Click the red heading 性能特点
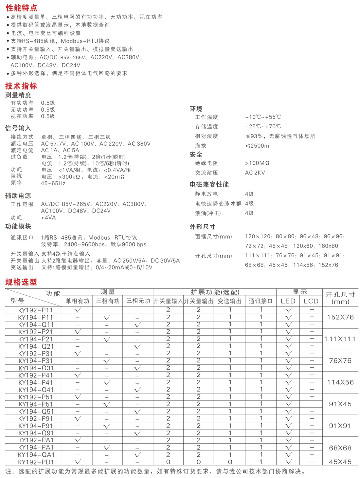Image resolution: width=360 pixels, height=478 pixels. pyautogui.click(x=22, y=8)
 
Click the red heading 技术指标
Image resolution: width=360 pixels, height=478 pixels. pyautogui.click(x=21, y=86)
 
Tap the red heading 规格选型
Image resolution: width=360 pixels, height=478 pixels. pyautogui.click(x=21, y=282)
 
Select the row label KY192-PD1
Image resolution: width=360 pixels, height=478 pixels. pyautogui.click(x=36, y=462)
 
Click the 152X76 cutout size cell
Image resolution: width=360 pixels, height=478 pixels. pyautogui.click(x=340, y=317)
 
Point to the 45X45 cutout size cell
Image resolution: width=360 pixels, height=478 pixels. pyautogui.click(x=340, y=462)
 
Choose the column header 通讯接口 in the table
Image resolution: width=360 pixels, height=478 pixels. pyautogui.click(x=261, y=301)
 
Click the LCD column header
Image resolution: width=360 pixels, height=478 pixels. pyautogui.click(x=311, y=301)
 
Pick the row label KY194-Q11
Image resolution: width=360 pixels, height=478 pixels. pyautogui.click(x=36, y=325)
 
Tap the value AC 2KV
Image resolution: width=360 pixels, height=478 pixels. pyautogui.click(x=255, y=173)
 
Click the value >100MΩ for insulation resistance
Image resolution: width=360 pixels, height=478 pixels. pyautogui.click(x=257, y=163)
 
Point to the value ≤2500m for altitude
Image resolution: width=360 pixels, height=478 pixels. pyautogui.click(x=257, y=146)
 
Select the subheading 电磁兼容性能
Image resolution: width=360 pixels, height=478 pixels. pyautogui.click(x=209, y=184)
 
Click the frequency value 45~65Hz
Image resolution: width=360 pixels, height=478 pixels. pyautogui.click(x=53, y=183)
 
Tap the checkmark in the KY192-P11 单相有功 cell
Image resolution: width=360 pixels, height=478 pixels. pyautogui.click(x=78, y=310)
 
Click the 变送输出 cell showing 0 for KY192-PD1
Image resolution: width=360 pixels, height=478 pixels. pyautogui.click(x=230, y=462)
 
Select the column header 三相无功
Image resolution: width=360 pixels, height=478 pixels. pyautogui.click(x=138, y=301)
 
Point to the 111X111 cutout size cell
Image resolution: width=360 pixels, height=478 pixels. pyautogui.click(x=340, y=339)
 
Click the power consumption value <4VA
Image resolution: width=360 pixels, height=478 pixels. pyautogui.click(x=48, y=218)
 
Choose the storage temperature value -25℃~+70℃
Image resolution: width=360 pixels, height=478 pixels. pyautogui.click(x=263, y=126)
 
